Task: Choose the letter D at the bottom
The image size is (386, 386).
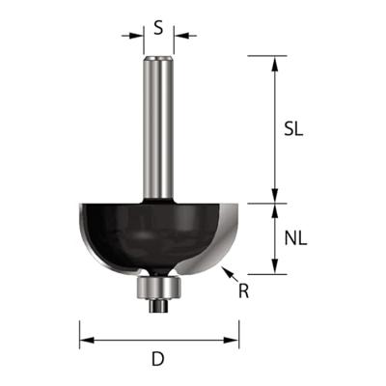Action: tap(157, 361)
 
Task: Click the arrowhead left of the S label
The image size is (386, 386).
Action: tap(137, 37)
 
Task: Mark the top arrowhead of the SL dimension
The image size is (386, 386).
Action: tap(276, 63)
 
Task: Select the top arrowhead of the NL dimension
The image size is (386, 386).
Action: tap(276, 210)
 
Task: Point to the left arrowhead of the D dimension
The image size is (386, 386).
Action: tap(85, 340)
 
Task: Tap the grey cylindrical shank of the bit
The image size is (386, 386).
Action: tap(157, 125)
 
